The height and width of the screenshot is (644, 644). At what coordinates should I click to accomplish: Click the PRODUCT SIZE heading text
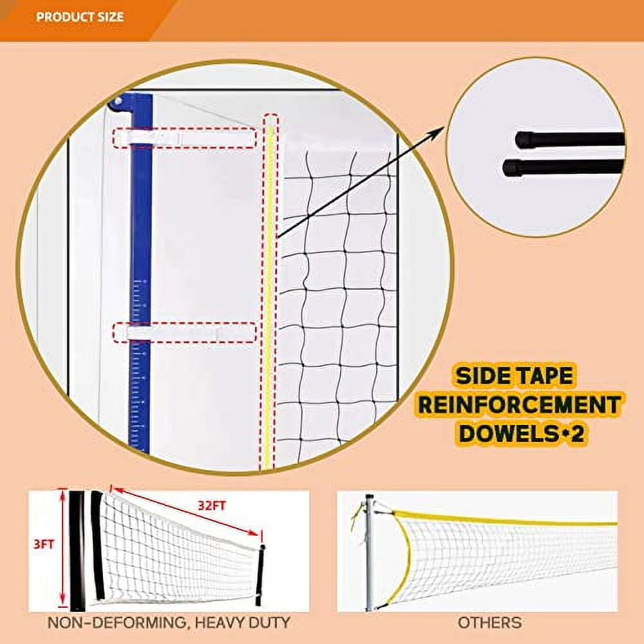coord(80,17)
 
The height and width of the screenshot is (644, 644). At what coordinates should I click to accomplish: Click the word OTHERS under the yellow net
coord(489,622)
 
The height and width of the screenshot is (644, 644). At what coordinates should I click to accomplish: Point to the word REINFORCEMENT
coord(519,406)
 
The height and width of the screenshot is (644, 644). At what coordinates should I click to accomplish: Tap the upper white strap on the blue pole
coord(185,137)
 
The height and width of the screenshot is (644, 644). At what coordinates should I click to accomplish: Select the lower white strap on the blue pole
coord(185,332)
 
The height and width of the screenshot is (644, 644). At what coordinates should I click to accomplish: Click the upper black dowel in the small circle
coord(570,139)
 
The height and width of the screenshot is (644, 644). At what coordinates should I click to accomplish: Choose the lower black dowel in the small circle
coord(563,167)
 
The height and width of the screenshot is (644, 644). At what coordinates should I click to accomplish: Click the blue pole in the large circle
coord(140,258)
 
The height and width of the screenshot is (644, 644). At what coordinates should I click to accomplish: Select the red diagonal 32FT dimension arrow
coord(187,513)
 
